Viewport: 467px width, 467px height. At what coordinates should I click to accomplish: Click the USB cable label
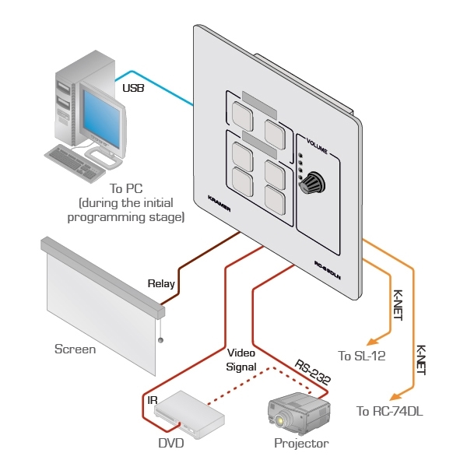pyautogui.click(x=133, y=89)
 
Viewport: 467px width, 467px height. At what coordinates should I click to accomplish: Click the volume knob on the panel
pyautogui.click(x=313, y=184)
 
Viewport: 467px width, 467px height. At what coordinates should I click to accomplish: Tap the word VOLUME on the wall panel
pyautogui.click(x=317, y=147)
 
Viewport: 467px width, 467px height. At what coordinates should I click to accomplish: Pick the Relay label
pyautogui.click(x=161, y=284)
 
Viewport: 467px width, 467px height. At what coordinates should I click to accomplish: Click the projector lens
pyautogui.click(x=279, y=421)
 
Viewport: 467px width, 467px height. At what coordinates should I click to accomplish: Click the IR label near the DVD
pyautogui.click(x=153, y=401)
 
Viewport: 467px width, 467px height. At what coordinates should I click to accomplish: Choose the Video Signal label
pyautogui.click(x=241, y=360)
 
